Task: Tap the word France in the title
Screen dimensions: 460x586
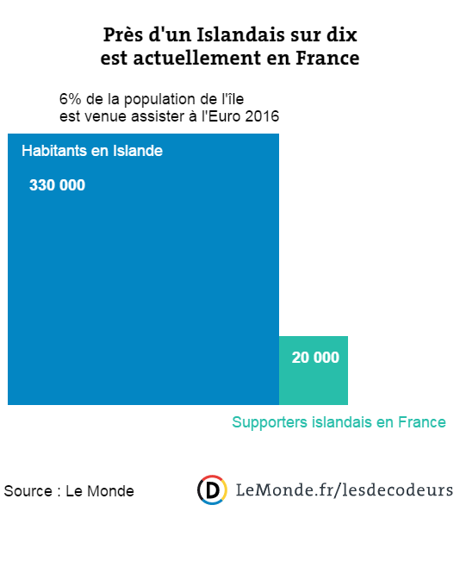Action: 327,58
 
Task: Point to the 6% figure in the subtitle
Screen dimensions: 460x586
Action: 71,99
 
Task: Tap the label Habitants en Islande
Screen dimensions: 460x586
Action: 92,151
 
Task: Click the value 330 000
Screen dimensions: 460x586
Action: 57,185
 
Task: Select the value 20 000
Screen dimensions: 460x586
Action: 315,358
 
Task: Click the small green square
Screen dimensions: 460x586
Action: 314,371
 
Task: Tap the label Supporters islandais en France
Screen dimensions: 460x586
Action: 339,422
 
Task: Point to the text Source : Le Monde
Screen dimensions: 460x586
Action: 69,491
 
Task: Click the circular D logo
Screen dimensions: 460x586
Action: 212,490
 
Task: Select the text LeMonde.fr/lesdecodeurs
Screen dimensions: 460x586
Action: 345,490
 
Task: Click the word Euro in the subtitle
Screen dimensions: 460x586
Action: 224,116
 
